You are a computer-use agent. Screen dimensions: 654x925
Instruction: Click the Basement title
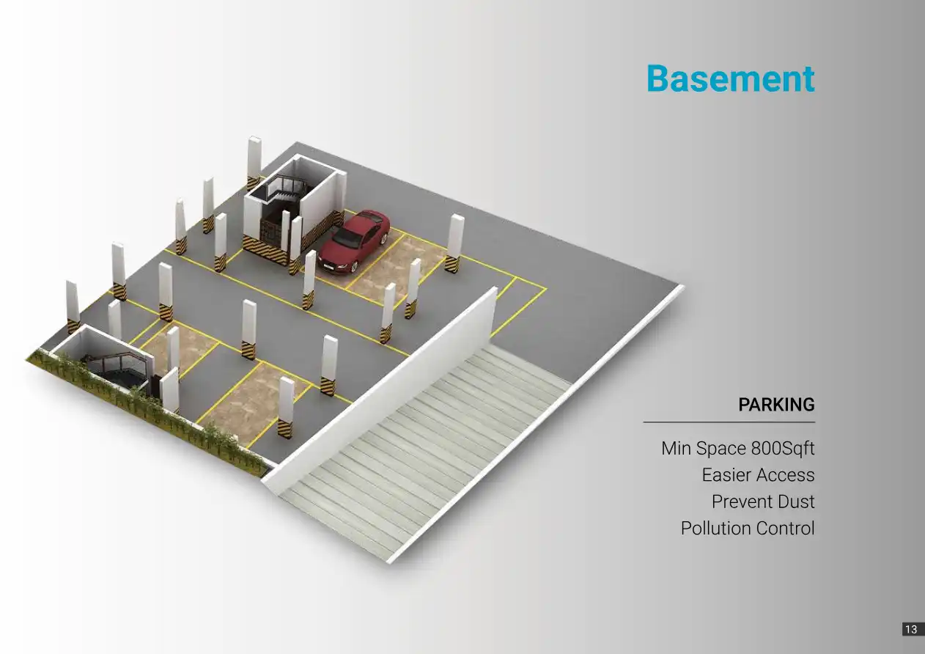click(x=730, y=78)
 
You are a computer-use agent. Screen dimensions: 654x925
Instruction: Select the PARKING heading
click(x=776, y=405)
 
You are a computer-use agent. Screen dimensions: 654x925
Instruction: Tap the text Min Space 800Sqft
click(x=737, y=448)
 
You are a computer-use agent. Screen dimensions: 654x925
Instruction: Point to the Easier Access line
click(x=758, y=475)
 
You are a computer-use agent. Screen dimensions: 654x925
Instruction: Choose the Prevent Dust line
click(x=763, y=502)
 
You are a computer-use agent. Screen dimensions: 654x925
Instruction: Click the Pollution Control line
click(x=747, y=529)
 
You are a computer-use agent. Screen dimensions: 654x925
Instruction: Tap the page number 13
click(x=910, y=629)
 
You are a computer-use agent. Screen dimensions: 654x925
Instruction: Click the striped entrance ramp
click(x=425, y=455)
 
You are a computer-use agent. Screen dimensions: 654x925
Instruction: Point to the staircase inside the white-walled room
click(x=282, y=192)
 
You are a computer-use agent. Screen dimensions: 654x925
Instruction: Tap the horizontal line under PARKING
click(x=729, y=422)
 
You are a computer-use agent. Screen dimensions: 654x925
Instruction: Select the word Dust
click(x=795, y=502)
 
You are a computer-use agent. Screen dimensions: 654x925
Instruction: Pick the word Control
click(x=785, y=529)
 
